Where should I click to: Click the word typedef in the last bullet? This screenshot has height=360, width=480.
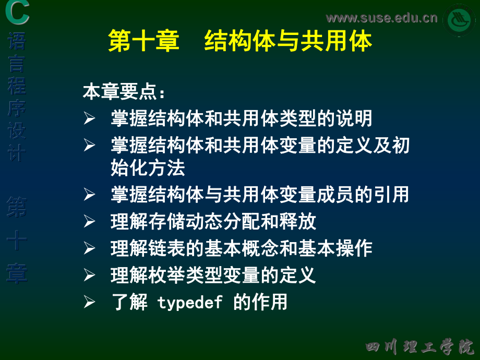[x=190, y=303]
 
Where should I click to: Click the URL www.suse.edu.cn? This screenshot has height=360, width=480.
[x=381, y=18]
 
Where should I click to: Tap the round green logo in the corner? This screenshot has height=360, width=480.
[x=459, y=20]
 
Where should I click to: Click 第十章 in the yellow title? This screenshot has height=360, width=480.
[x=143, y=41]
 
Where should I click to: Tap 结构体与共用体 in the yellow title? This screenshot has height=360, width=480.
[x=288, y=41]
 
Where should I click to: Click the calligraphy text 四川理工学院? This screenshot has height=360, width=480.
[x=419, y=347]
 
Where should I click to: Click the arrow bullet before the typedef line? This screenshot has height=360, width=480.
[x=89, y=302]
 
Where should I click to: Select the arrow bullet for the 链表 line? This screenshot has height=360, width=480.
[x=89, y=248]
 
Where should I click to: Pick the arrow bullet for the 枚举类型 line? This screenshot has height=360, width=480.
[x=89, y=275]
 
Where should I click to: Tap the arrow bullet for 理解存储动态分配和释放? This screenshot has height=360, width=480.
[x=89, y=221]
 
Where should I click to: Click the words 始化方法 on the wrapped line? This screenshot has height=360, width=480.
[x=148, y=168]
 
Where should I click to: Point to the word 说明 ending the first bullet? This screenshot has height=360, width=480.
[x=354, y=118]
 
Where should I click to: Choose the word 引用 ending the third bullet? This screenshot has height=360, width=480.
[x=391, y=195]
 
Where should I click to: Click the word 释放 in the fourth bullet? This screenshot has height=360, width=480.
[x=297, y=221]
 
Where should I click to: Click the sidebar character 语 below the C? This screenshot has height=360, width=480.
[x=17, y=41]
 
